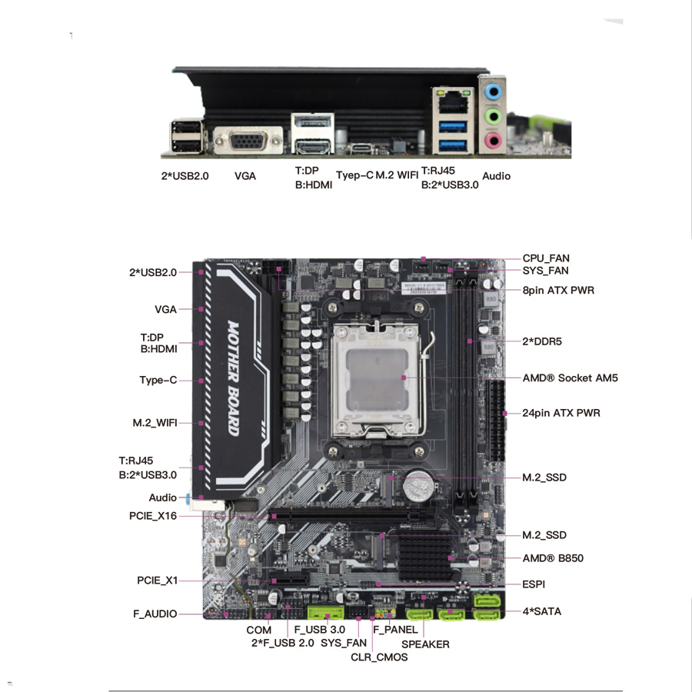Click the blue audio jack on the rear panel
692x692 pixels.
pyautogui.click(x=494, y=91)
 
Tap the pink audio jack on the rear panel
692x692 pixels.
pyautogui.click(x=494, y=140)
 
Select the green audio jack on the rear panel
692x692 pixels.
pyautogui.click(x=494, y=115)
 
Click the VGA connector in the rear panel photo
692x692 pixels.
pyautogui.click(x=241, y=143)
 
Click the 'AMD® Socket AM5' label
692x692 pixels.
pyautogui.click(x=570, y=378)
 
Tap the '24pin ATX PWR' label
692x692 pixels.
pyautogui.click(x=561, y=413)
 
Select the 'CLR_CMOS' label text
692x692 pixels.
pyautogui.click(x=379, y=657)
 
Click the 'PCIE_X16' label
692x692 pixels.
pyautogui.click(x=153, y=516)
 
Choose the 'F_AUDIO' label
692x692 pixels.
pyautogui.click(x=155, y=614)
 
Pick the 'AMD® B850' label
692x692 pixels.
pyautogui.click(x=553, y=557)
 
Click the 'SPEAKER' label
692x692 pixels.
pyautogui.click(x=425, y=644)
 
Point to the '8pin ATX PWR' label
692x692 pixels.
pyautogui.click(x=558, y=290)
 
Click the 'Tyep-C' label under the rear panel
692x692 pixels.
pyautogui.click(x=354, y=175)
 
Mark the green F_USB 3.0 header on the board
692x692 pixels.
pyautogui.click(x=325, y=613)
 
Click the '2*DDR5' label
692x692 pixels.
pyautogui.click(x=547, y=341)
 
